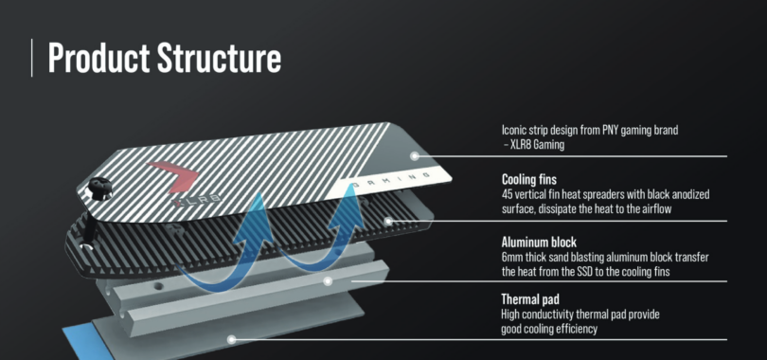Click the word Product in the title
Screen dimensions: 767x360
(98, 58)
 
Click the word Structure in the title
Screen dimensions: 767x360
(219, 58)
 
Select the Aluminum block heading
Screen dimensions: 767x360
(539, 243)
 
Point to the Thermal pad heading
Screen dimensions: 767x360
(530, 299)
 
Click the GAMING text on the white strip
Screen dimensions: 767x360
(390, 180)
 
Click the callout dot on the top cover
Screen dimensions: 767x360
(415, 156)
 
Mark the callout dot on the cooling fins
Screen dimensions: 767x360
(388, 221)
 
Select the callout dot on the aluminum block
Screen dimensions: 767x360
(329, 281)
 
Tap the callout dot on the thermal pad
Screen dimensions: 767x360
(232, 339)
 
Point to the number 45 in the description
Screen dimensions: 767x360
(507, 194)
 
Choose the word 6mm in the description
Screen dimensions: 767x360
(511, 258)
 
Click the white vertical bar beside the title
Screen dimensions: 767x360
(32, 58)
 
